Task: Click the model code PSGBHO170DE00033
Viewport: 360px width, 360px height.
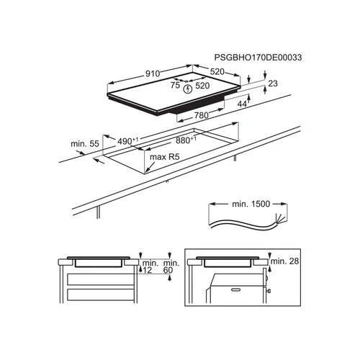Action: [x=258, y=58]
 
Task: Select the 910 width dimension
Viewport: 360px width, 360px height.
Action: [x=153, y=73]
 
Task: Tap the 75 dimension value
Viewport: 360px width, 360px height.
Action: [x=175, y=85]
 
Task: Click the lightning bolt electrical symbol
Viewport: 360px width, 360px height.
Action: [x=188, y=89]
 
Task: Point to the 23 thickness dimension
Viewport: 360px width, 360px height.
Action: [x=273, y=84]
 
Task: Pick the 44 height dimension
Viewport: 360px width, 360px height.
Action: [x=242, y=104]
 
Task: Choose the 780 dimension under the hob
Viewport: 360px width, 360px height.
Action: [x=201, y=115]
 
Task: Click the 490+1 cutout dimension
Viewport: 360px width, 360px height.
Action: [x=127, y=141]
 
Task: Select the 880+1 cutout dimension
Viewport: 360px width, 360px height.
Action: [x=186, y=140]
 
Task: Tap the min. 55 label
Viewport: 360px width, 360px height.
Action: [x=85, y=144]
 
